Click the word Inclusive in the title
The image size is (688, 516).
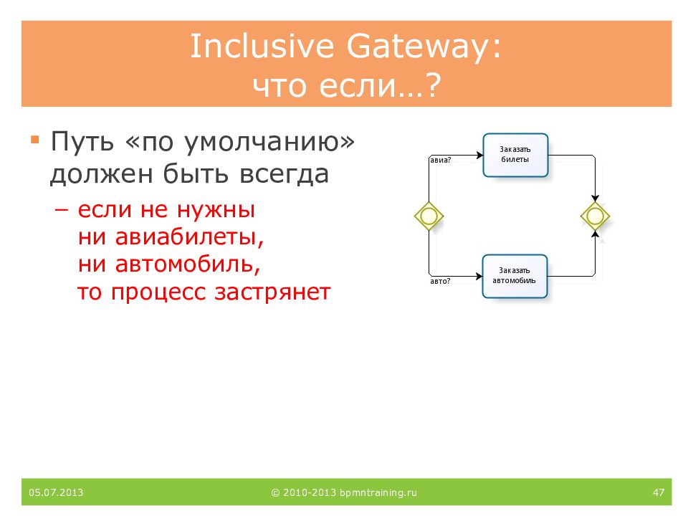[x=262, y=46]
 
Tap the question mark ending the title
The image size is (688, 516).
[x=433, y=85]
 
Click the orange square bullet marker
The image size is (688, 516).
[x=35, y=140]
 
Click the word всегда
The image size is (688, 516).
[x=285, y=174]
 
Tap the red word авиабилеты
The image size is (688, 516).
[x=188, y=237]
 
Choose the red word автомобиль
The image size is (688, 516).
[x=186, y=264]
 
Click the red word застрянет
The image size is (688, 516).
[x=272, y=292]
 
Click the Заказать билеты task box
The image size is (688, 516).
[x=515, y=156]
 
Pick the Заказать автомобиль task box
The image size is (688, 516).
[x=515, y=277]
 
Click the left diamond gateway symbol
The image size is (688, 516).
[x=429, y=216]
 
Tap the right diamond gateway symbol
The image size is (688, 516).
[x=595, y=216]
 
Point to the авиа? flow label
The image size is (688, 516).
[x=441, y=160]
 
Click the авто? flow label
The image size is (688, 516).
[x=440, y=281]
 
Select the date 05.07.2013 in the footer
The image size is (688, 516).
[x=56, y=492]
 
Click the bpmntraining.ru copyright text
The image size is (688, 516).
[x=344, y=493]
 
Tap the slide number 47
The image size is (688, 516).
[x=658, y=492]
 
